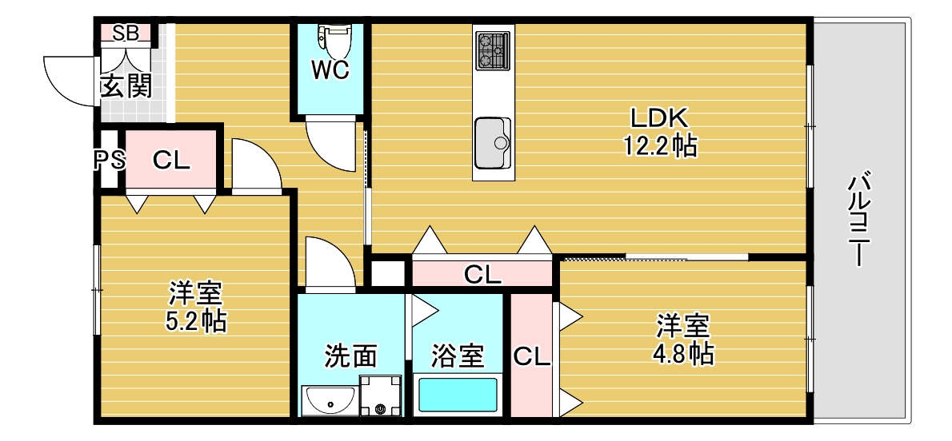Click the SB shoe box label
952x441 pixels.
click(x=126, y=33)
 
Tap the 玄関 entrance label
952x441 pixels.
click(x=126, y=85)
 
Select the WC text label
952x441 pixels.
click(x=330, y=70)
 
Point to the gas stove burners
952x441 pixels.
click(x=492, y=50)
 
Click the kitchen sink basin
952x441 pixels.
click(x=492, y=143)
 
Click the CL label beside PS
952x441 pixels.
click(x=171, y=161)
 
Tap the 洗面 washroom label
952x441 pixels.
click(x=350, y=356)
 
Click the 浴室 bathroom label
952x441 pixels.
click(x=458, y=356)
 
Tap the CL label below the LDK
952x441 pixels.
click(x=482, y=276)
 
